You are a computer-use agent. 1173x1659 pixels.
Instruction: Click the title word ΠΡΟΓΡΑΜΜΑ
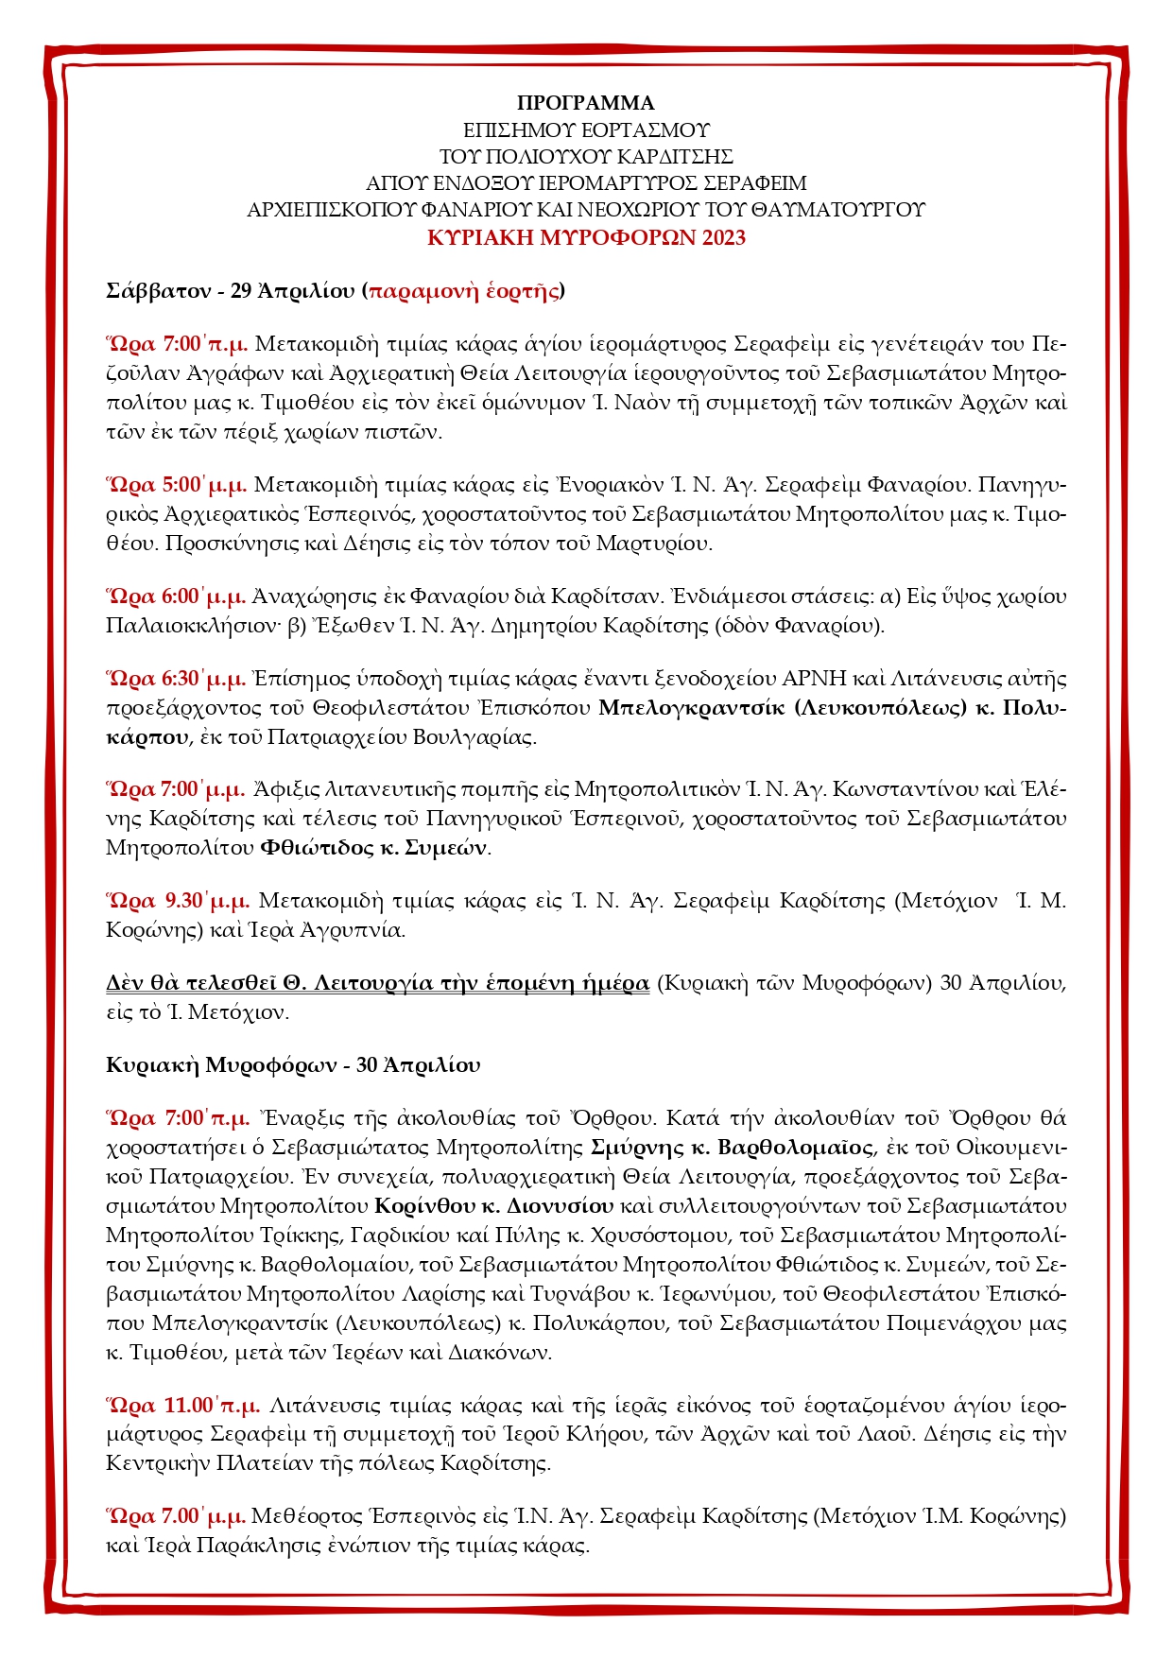586,103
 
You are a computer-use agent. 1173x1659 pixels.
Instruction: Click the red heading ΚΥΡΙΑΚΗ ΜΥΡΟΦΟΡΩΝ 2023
586,237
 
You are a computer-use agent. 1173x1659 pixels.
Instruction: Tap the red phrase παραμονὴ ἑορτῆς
463,290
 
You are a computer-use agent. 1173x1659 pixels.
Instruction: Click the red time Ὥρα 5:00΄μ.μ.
177,485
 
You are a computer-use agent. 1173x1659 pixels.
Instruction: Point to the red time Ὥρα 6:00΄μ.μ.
177,596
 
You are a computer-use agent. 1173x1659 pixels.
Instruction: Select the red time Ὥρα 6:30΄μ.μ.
177,679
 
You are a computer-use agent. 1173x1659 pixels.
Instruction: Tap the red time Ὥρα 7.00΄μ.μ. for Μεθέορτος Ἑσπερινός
177,1516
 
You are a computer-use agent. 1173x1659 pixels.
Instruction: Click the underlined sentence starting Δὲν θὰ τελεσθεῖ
378,983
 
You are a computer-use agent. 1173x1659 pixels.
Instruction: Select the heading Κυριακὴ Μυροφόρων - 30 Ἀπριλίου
293,1065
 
